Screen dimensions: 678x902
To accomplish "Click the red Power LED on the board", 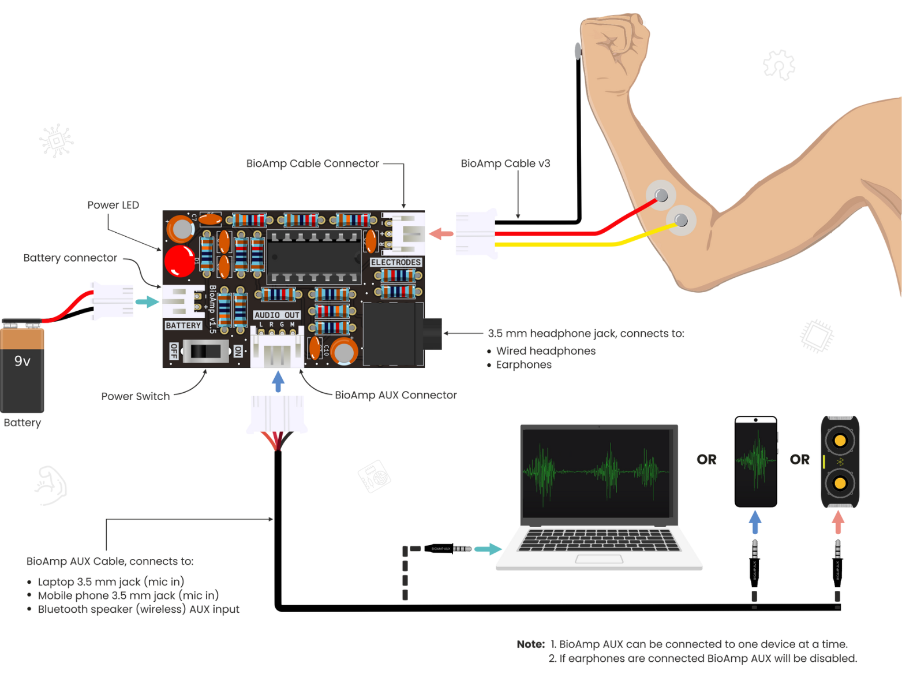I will [179, 260].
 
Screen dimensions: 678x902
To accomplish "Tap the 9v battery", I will [22, 367].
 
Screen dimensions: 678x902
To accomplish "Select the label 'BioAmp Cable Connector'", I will [312, 163].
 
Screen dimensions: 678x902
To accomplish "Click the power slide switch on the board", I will [205, 351].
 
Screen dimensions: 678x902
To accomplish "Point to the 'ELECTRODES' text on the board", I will [396, 262].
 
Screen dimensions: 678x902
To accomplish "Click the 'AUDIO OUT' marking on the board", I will [277, 315].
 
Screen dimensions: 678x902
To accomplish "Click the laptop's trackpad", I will [599, 559].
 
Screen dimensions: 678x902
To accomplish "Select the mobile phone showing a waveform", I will [755, 461].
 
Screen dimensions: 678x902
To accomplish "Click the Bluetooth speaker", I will [840, 461].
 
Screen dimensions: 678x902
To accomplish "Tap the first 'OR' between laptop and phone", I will [706, 460].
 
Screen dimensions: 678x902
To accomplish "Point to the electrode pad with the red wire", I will [661, 195].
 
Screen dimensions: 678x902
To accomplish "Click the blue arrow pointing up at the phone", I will [755, 522].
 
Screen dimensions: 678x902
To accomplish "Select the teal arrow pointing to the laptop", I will [488, 549].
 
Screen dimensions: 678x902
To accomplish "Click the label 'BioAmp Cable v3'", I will [505, 163].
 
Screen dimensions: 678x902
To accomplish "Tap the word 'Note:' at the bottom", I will [530, 644].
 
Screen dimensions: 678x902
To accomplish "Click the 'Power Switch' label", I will [136, 396].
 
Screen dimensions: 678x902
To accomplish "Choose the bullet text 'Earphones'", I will [523, 364].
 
